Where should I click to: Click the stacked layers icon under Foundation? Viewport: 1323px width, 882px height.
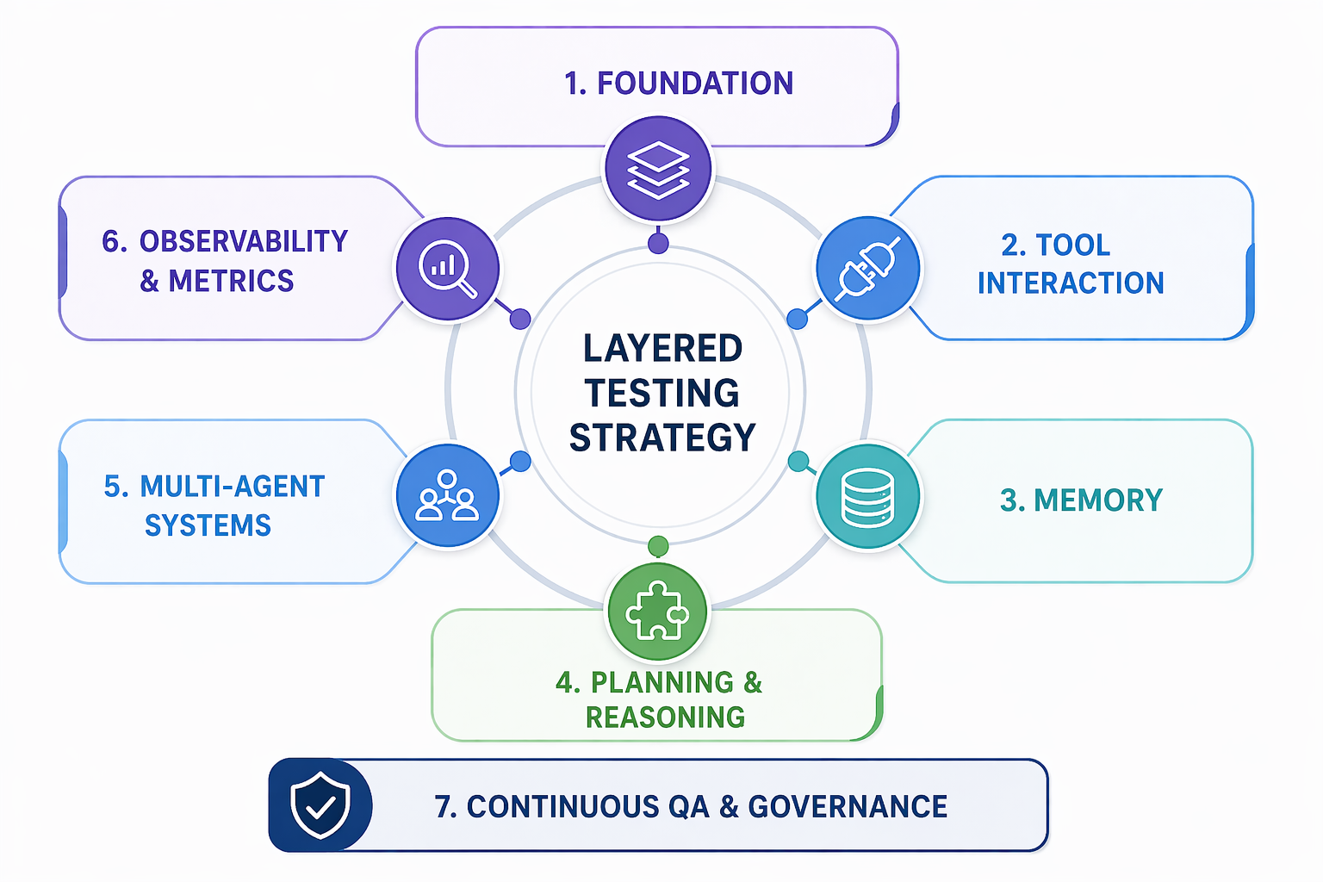click(x=658, y=169)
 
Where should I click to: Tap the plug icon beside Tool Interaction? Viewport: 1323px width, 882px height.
click(x=868, y=268)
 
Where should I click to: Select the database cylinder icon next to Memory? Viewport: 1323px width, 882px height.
click(x=868, y=497)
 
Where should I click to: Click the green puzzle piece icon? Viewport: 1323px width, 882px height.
click(x=658, y=612)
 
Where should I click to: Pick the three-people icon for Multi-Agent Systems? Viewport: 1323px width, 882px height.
click(x=447, y=497)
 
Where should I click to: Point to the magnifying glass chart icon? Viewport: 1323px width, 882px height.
click(x=447, y=268)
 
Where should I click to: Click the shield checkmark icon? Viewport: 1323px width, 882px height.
click(x=320, y=805)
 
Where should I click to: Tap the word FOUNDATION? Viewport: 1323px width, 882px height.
click(x=695, y=84)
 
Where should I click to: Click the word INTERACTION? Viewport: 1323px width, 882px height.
click(x=1071, y=283)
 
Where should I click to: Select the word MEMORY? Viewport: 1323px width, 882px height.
click(x=1098, y=500)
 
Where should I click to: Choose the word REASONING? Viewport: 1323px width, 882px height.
click(x=666, y=717)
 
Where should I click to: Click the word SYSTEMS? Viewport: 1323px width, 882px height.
click(x=208, y=525)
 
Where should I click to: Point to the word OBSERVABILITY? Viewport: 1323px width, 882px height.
click(x=244, y=242)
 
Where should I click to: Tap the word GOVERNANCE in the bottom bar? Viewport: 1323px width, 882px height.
click(x=848, y=807)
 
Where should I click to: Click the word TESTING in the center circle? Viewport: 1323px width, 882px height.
click(x=662, y=394)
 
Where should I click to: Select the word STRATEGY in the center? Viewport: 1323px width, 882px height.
click(x=662, y=438)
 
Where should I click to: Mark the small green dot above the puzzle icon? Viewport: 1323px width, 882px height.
click(x=658, y=546)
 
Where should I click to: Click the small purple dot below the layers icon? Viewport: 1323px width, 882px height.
click(x=658, y=243)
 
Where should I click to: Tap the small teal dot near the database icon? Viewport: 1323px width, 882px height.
click(x=798, y=461)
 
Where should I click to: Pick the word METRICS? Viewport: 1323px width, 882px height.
click(x=231, y=282)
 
